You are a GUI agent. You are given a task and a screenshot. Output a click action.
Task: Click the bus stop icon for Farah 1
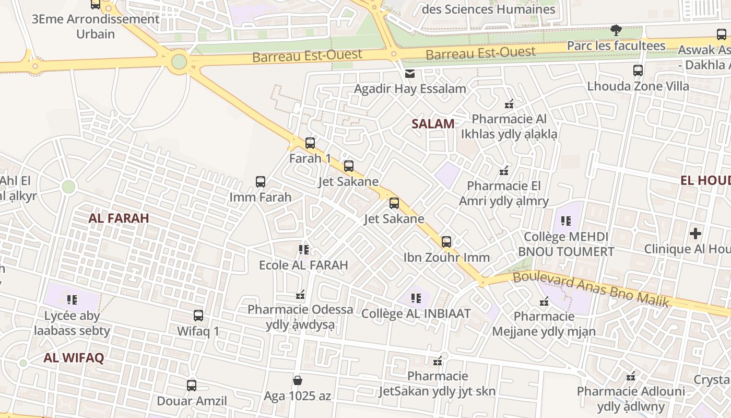pyautogui.click(x=310, y=143)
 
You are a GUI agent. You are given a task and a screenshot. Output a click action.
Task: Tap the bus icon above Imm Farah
pyautogui.click(x=261, y=182)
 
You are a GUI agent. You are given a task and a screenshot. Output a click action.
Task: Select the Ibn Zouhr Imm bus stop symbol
pyautogui.click(x=446, y=242)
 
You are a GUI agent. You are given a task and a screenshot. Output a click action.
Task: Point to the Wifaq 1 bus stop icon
pyautogui.click(x=198, y=316)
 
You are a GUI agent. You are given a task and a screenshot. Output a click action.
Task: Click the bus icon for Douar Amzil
pyautogui.click(x=192, y=386)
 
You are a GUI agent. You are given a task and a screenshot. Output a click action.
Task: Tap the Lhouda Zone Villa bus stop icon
pyautogui.click(x=638, y=70)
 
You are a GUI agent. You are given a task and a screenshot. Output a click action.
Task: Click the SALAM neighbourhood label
pyautogui.click(x=433, y=124)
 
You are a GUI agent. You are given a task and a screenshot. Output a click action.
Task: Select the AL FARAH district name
pyautogui.click(x=119, y=218)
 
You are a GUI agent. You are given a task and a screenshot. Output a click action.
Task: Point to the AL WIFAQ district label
pyautogui.click(x=74, y=358)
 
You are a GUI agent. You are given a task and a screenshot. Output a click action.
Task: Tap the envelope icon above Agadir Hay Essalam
pyautogui.click(x=410, y=74)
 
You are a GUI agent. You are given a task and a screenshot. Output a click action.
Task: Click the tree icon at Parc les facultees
pyautogui.click(x=616, y=30)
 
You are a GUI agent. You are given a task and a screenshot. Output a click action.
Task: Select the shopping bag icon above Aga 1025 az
pyautogui.click(x=298, y=380)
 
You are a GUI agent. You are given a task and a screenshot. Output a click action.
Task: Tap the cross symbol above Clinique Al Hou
pyautogui.click(x=695, y=233)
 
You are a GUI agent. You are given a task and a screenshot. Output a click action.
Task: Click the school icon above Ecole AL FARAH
pyautogui.click(x=303, y=250)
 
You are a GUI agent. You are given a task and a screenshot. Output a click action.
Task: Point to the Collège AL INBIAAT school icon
pyautogui.click(x=416, y=298)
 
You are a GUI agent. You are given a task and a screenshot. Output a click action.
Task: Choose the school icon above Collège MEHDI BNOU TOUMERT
pyautogui.click(x=566, y=221)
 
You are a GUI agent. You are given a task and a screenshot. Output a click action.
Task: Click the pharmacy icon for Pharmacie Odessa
pyautogui.click(x=300, y=295)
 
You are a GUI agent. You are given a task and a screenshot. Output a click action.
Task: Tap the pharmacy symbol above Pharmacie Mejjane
pyautogui.click(x=544, y=301)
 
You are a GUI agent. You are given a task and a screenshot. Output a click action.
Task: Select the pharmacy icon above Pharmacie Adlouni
pyautogui.click(x=631, y=376)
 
